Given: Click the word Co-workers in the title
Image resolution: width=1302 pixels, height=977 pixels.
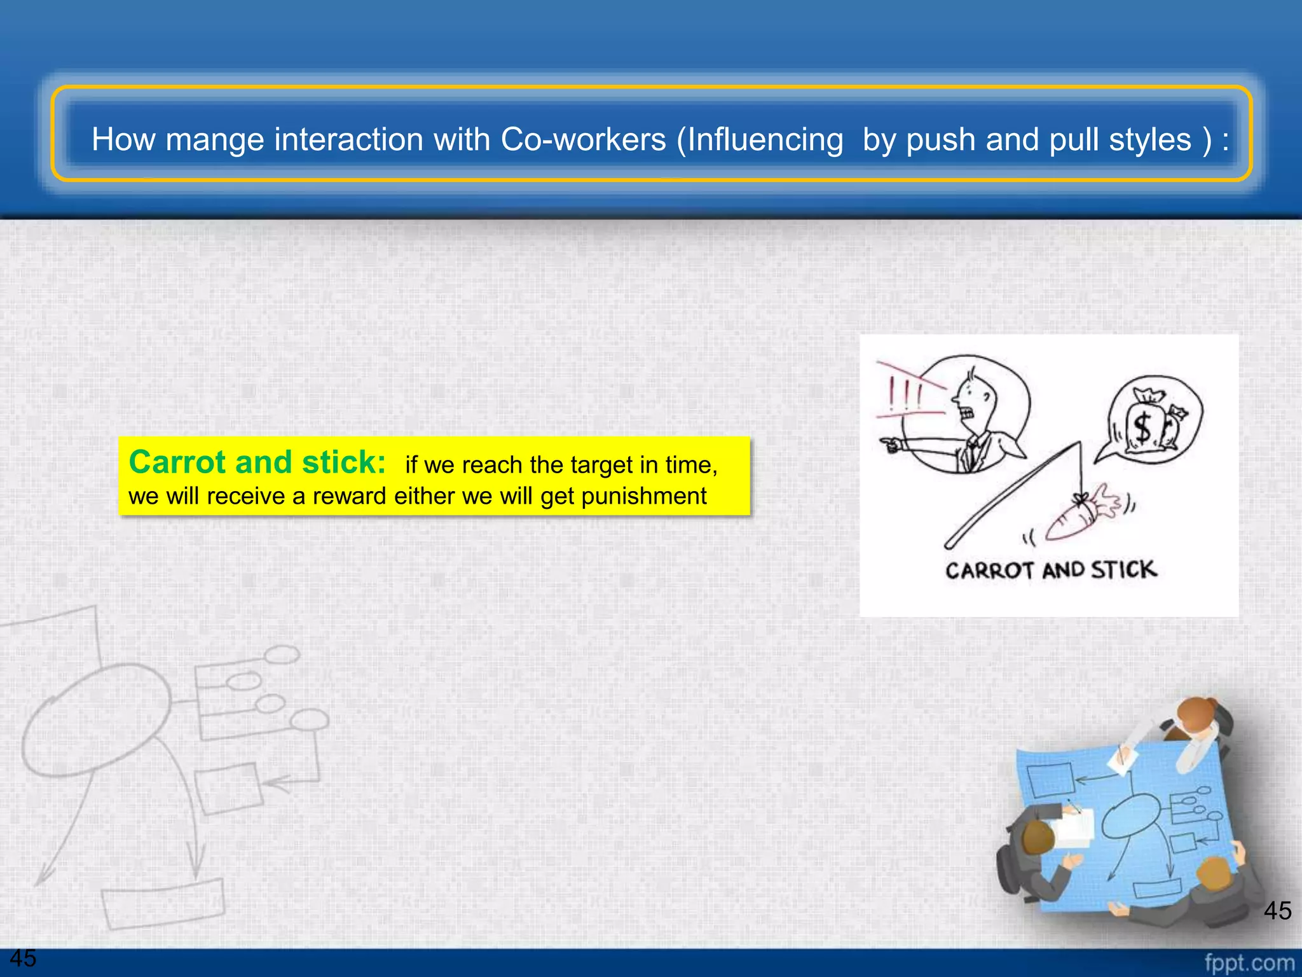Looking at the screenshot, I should point(583,139).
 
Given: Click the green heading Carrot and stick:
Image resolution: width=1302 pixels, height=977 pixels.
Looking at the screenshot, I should point(257,462).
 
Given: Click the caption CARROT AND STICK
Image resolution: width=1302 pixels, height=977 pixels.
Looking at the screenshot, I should point(1050,570).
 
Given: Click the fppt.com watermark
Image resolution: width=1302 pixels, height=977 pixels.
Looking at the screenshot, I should point(1249,963).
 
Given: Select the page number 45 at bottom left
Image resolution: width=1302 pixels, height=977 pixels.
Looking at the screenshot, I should point(23,958).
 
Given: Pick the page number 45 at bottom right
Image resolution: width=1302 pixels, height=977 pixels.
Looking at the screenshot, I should point(1277,911).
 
